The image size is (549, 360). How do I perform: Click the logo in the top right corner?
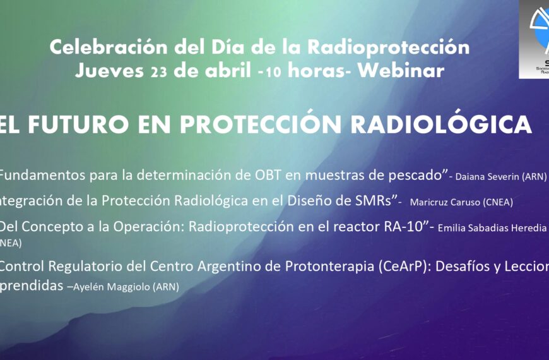pyautogui.click(x=533, y=39)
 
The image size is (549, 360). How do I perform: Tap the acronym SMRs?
pyautogui.click(x=372, y=201)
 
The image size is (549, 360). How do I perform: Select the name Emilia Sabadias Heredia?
pyautogui.click(x=492, y=228)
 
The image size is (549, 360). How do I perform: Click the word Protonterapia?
pyautogui.click(x=328, y=267)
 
